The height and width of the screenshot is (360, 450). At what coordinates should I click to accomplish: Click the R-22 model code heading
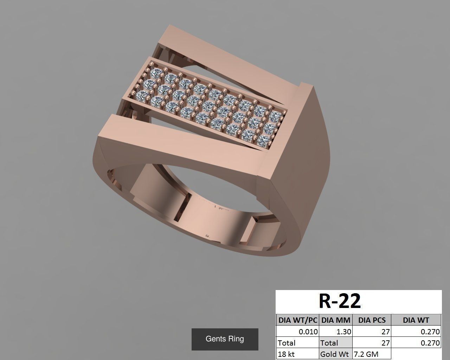340,301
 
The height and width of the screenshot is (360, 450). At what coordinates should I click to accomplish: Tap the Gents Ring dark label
225,339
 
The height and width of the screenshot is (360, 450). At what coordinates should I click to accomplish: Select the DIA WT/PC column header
297,320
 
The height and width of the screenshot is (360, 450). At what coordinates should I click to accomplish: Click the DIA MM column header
336,320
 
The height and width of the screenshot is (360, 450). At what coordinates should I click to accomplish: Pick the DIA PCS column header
372,320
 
